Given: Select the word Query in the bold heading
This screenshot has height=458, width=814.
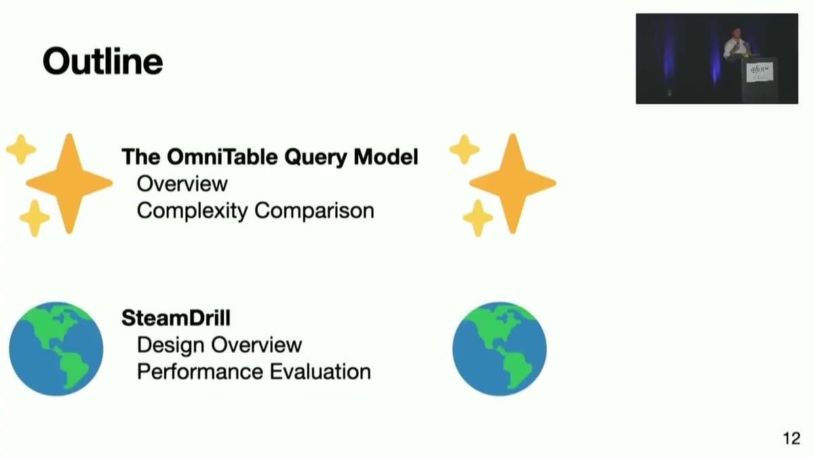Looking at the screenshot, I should pyautogui.click(x=319, y=157).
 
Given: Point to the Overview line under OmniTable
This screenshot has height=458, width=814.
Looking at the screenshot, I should pyautogui.click(x=182, y=183).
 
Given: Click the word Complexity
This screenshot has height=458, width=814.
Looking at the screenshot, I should pyautogui.click(x=192, y=211).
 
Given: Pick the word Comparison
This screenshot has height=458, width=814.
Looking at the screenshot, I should pyautogui.click(x=314, y=210).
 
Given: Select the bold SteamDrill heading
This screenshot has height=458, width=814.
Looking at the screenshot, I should pyautogui.click(x=176, y=318).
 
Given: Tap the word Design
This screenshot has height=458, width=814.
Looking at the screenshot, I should pyautogui.click(x=170, y=345).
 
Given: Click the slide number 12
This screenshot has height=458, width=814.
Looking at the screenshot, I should pyautogui.click(x=791, y=438).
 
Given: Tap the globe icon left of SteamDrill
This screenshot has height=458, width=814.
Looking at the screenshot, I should pyautogui.click(x=56, y=349).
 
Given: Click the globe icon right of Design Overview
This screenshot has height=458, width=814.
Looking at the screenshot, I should pyautogui.click(x=499, y=349).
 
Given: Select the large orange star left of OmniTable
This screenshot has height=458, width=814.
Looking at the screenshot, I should pyautogui.click(x=69, y=183).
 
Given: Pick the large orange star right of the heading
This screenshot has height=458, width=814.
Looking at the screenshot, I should pyautogui.click(x=513, y=183).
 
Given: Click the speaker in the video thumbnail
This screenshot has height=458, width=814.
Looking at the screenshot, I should pyautogui.click(x=736, y=45).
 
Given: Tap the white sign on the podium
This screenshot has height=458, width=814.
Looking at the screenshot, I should pyautogui.click(x=759, y=72).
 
